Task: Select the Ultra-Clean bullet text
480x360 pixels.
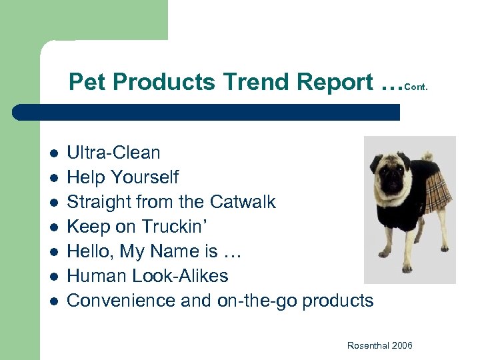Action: (113, 153)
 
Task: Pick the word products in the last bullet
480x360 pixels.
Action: (337, 301)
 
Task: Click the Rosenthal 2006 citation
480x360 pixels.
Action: (379, 345)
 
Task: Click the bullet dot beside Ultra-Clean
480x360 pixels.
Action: (53, 153)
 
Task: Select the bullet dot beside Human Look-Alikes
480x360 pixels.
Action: (53, 276)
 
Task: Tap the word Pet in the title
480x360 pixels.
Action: (89, 82)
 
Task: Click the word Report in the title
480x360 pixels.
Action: (335, 82)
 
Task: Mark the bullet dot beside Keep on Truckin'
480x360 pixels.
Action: (53, 227)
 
